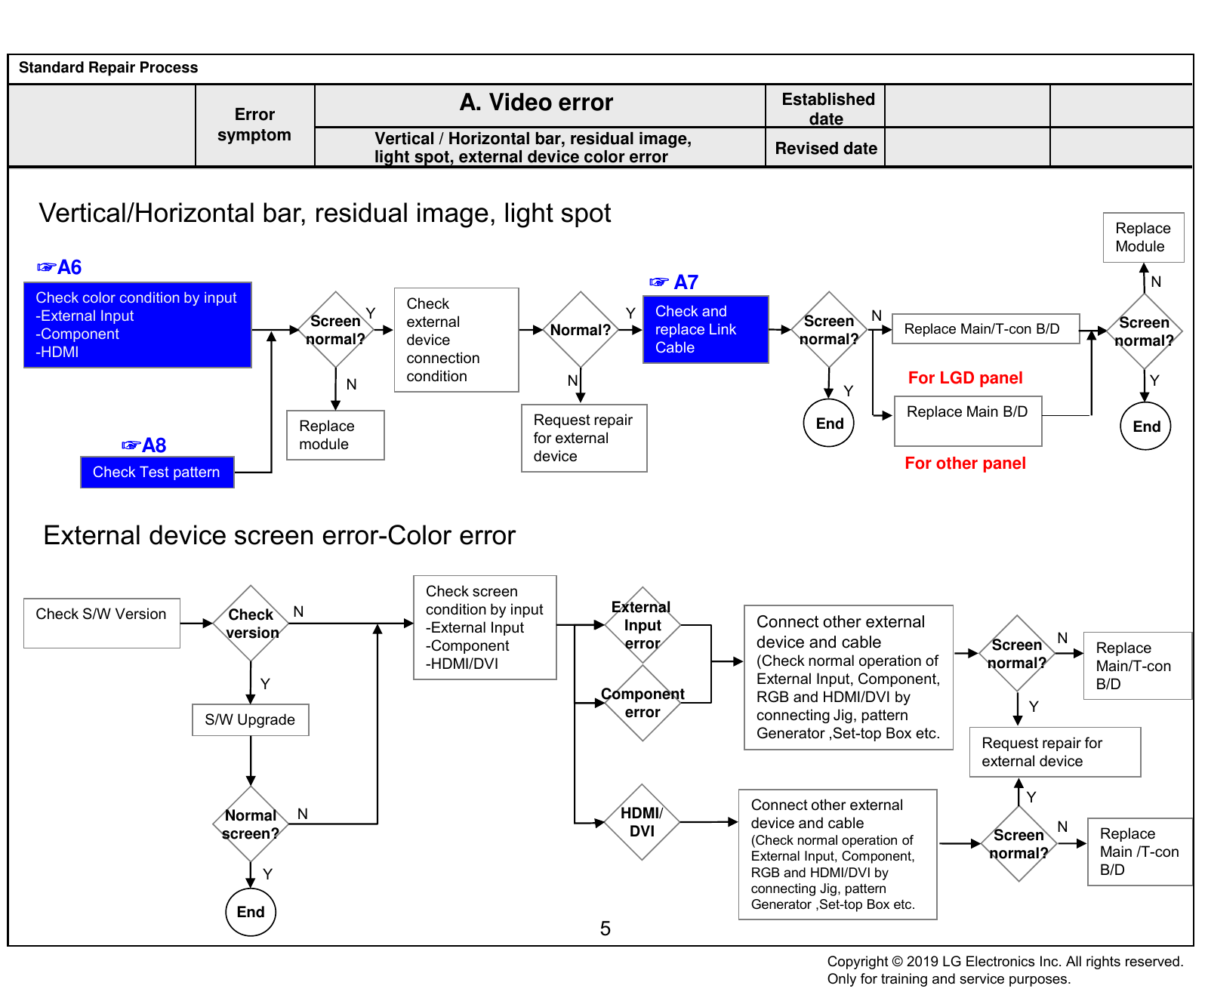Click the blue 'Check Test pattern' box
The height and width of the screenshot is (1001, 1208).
tap(157, 472)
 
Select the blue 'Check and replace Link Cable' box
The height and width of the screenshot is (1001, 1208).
tap(705, 329)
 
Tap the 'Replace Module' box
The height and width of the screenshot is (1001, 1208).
tap(1143, 237)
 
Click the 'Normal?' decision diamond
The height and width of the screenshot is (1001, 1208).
tap(581, 330)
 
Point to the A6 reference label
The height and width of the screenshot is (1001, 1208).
tap(60, 267)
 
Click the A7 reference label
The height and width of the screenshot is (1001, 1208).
tap(673, 282)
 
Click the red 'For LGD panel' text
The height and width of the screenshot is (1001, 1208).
tap(965, 377)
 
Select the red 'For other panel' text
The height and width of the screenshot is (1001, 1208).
tap(965, 463)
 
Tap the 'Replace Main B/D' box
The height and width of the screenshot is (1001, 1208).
tap(968, 420)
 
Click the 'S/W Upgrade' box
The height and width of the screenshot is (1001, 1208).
tap(251, 719)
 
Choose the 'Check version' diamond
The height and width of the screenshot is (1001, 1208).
tap(251, 624)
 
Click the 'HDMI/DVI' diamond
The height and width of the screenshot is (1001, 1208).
tap(642, 822)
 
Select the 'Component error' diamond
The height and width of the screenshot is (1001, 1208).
tap(643, 703)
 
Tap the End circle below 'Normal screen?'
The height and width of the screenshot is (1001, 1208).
tap(251, 911)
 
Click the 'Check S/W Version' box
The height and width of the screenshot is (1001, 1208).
tap(102, 623)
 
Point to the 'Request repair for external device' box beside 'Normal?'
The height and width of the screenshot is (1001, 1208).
tap(584, 438)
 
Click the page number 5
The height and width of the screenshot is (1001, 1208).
tap(606, 929)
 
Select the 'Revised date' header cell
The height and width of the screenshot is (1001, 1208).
tap(825, 147)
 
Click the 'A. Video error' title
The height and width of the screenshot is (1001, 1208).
tap(536, 103)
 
